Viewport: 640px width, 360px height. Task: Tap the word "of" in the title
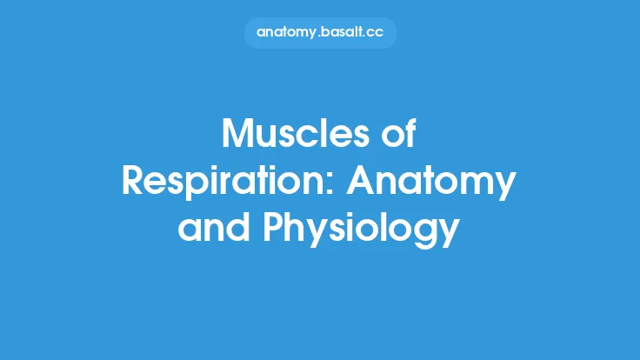point(401,136)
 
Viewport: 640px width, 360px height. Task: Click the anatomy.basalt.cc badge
point(320,32)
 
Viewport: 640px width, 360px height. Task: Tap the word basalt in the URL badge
point(342,32)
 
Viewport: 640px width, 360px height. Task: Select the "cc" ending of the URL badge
point(376,33)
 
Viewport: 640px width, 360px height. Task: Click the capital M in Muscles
point(239,136)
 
